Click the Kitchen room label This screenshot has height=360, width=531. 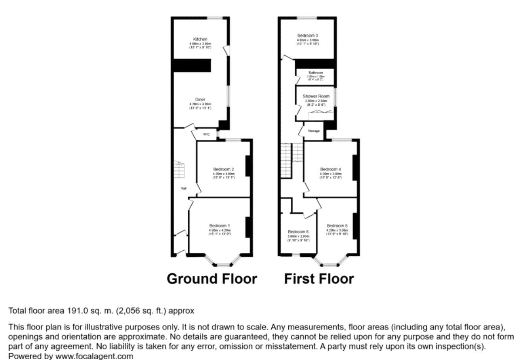(x=200, y=39)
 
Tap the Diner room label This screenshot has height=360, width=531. (x=200, y=99)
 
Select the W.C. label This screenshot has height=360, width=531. (x=206, y=134)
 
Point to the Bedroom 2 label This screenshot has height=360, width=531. (x=224, y=169)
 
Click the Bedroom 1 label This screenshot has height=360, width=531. (x=220, y=226)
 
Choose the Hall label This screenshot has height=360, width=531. (x=183, y=188)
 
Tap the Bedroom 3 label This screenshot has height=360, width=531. (x=308, y=36)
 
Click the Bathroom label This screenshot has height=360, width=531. (x=315, y=73)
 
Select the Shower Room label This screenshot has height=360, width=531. (x=316, y=96)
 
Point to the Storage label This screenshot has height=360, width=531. (x=314, y=131)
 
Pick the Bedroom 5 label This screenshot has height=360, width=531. (x=337, y=226)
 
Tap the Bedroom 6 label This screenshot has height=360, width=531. (x=299, y=232)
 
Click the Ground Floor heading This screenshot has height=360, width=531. (x=212, y=279)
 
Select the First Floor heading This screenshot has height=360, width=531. (x=319, y=279)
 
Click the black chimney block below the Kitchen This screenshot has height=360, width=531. (x=192, y=65)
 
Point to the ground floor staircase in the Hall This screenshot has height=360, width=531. (x=179, y=170)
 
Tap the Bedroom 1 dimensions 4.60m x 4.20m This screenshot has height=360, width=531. (x=220, y=230)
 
